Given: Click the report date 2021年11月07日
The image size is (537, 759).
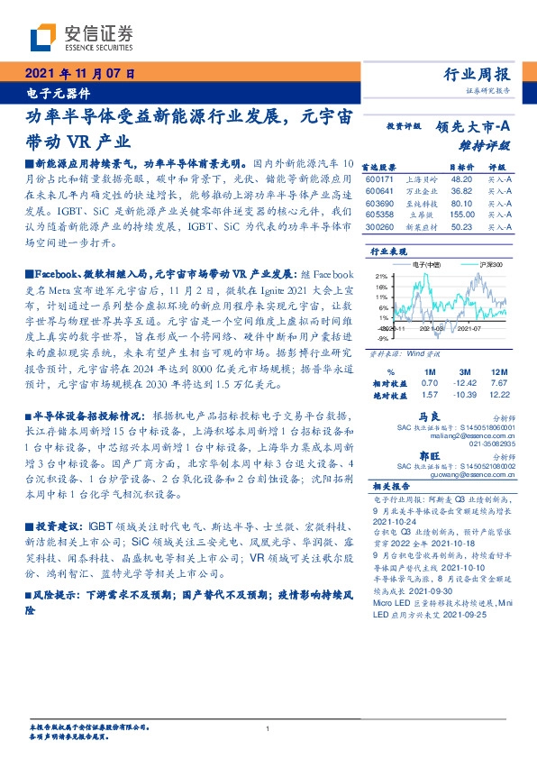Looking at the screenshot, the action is click(78, 74).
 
